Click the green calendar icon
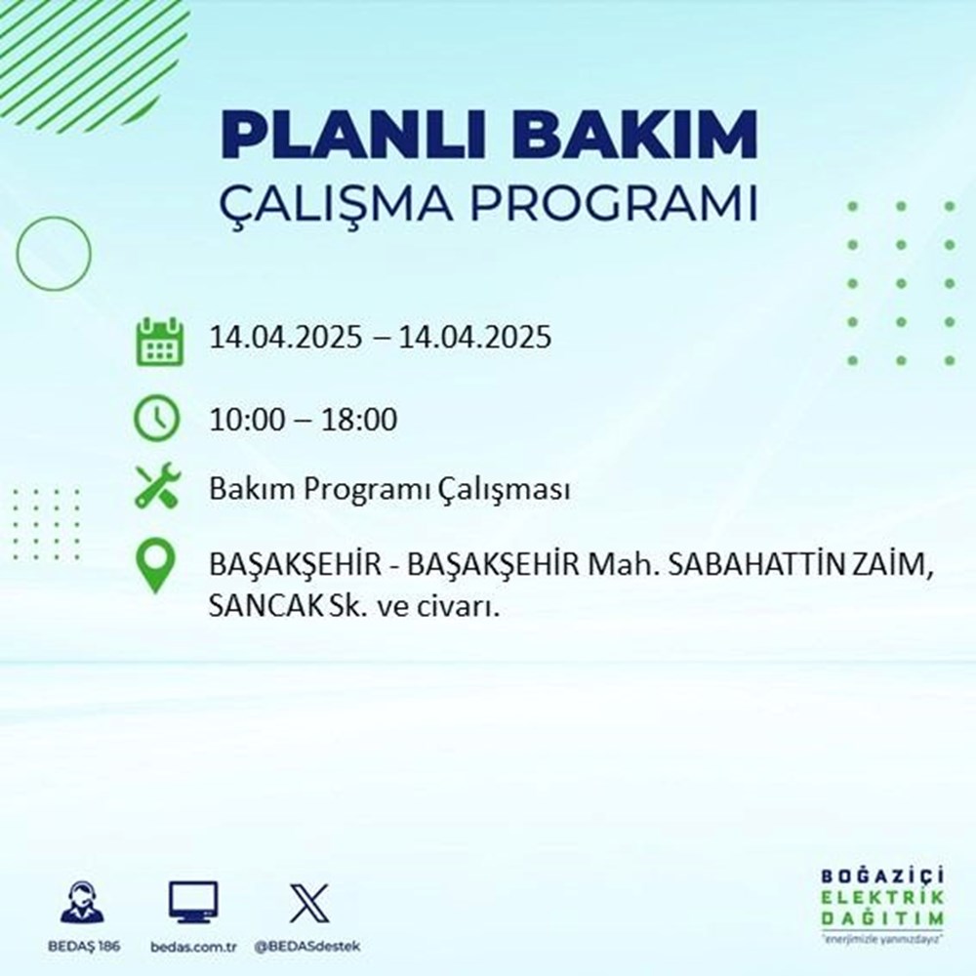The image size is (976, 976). (158, 341)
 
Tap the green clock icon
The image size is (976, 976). (157, 419)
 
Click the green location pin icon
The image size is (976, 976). (157, 566)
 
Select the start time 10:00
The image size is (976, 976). (247, 421)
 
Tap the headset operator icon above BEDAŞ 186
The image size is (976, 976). (82, 904)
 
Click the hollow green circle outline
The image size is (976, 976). (54, 253)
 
